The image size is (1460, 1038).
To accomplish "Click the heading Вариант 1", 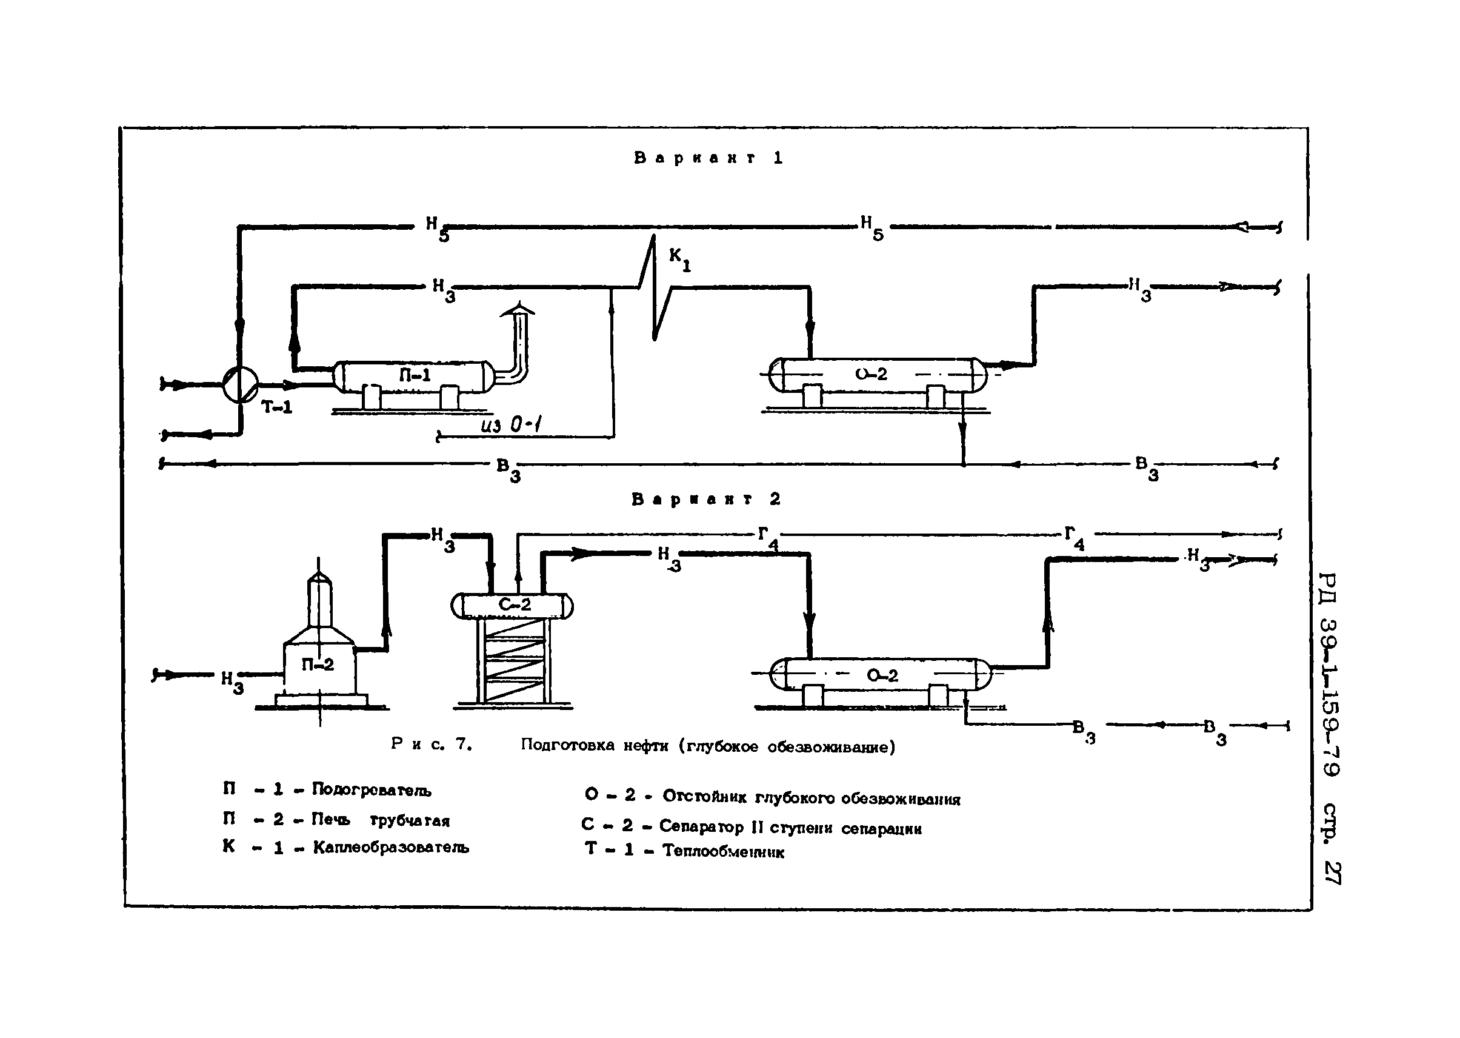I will tap(708, 158).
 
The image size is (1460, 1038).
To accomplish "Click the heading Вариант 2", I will tap(706, 499).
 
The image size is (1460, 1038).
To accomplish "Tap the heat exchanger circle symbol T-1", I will tap(240, 385).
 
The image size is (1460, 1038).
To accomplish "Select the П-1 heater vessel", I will tap(414, 376).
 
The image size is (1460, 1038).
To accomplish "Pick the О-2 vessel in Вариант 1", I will tap(875, 375).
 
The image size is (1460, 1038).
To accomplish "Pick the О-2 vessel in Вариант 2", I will tap(881, 675).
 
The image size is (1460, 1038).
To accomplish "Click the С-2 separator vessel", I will tap(513, 604).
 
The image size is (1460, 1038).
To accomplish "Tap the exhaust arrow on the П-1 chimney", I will tap(518, 312).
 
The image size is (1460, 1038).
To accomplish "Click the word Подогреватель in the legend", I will tap(372, 790).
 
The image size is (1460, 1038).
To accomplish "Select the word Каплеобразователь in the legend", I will tap(390, 848).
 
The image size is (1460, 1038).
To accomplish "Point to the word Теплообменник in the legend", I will tap(722, 851).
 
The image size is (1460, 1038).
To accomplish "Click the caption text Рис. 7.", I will tap(432, 744).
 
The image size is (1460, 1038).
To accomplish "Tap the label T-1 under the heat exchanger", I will tap(276, 407).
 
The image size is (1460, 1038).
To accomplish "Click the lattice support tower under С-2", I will tap(513, 661).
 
